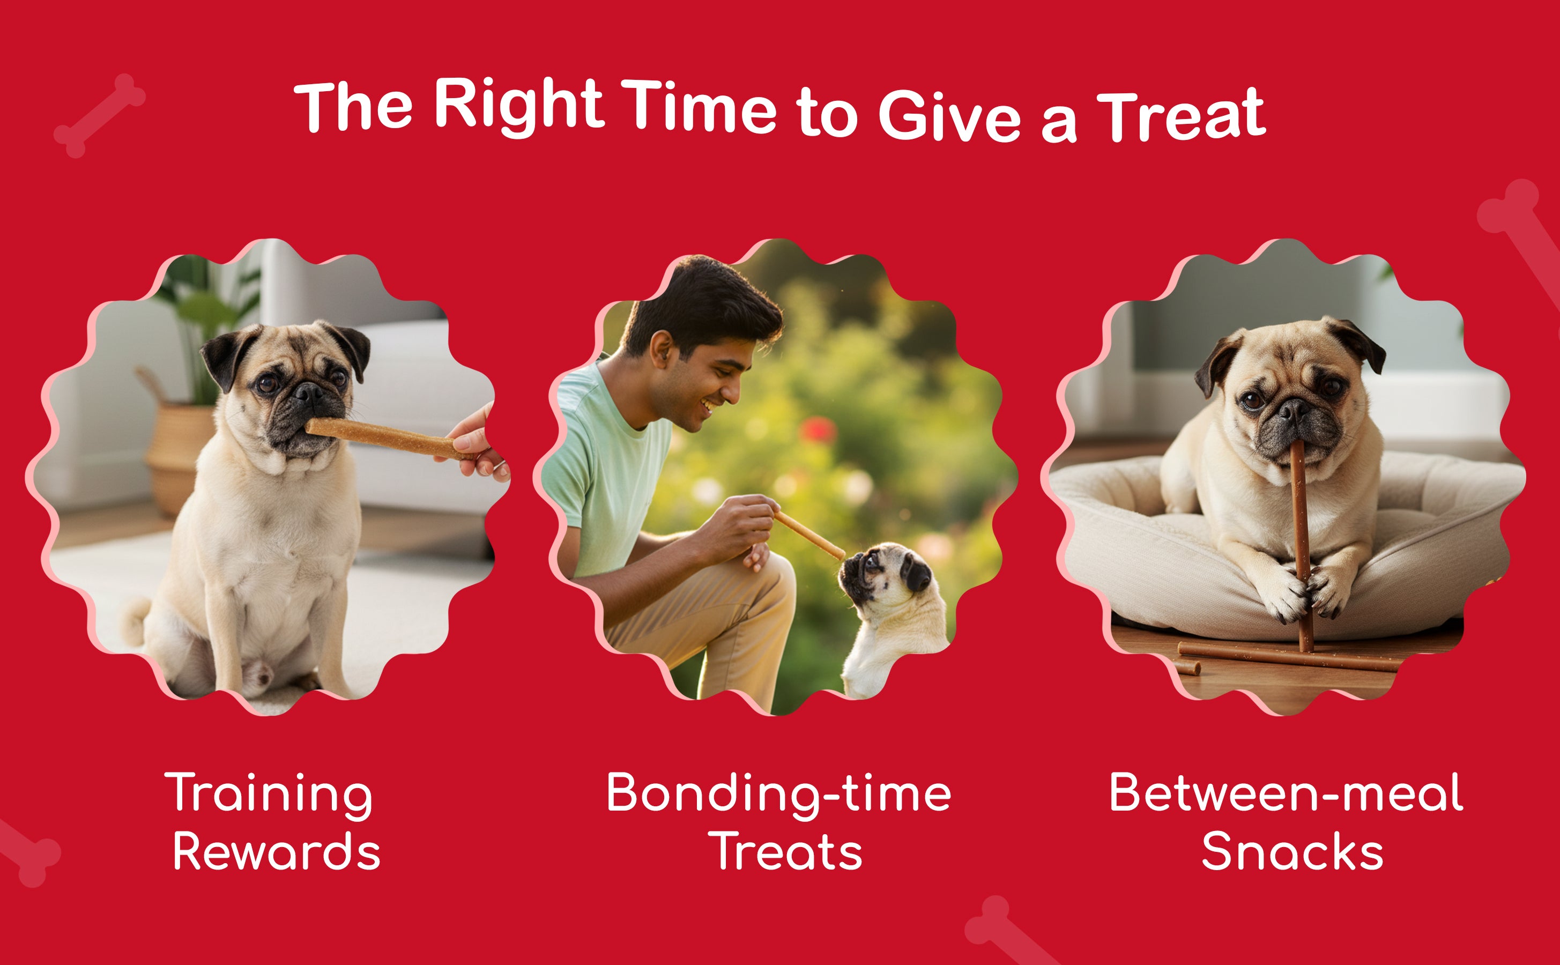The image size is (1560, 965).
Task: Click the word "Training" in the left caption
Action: click(268, 795)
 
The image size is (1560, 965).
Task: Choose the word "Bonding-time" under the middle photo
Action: click(778, 795)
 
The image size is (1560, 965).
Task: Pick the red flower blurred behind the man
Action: click(818, 429)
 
